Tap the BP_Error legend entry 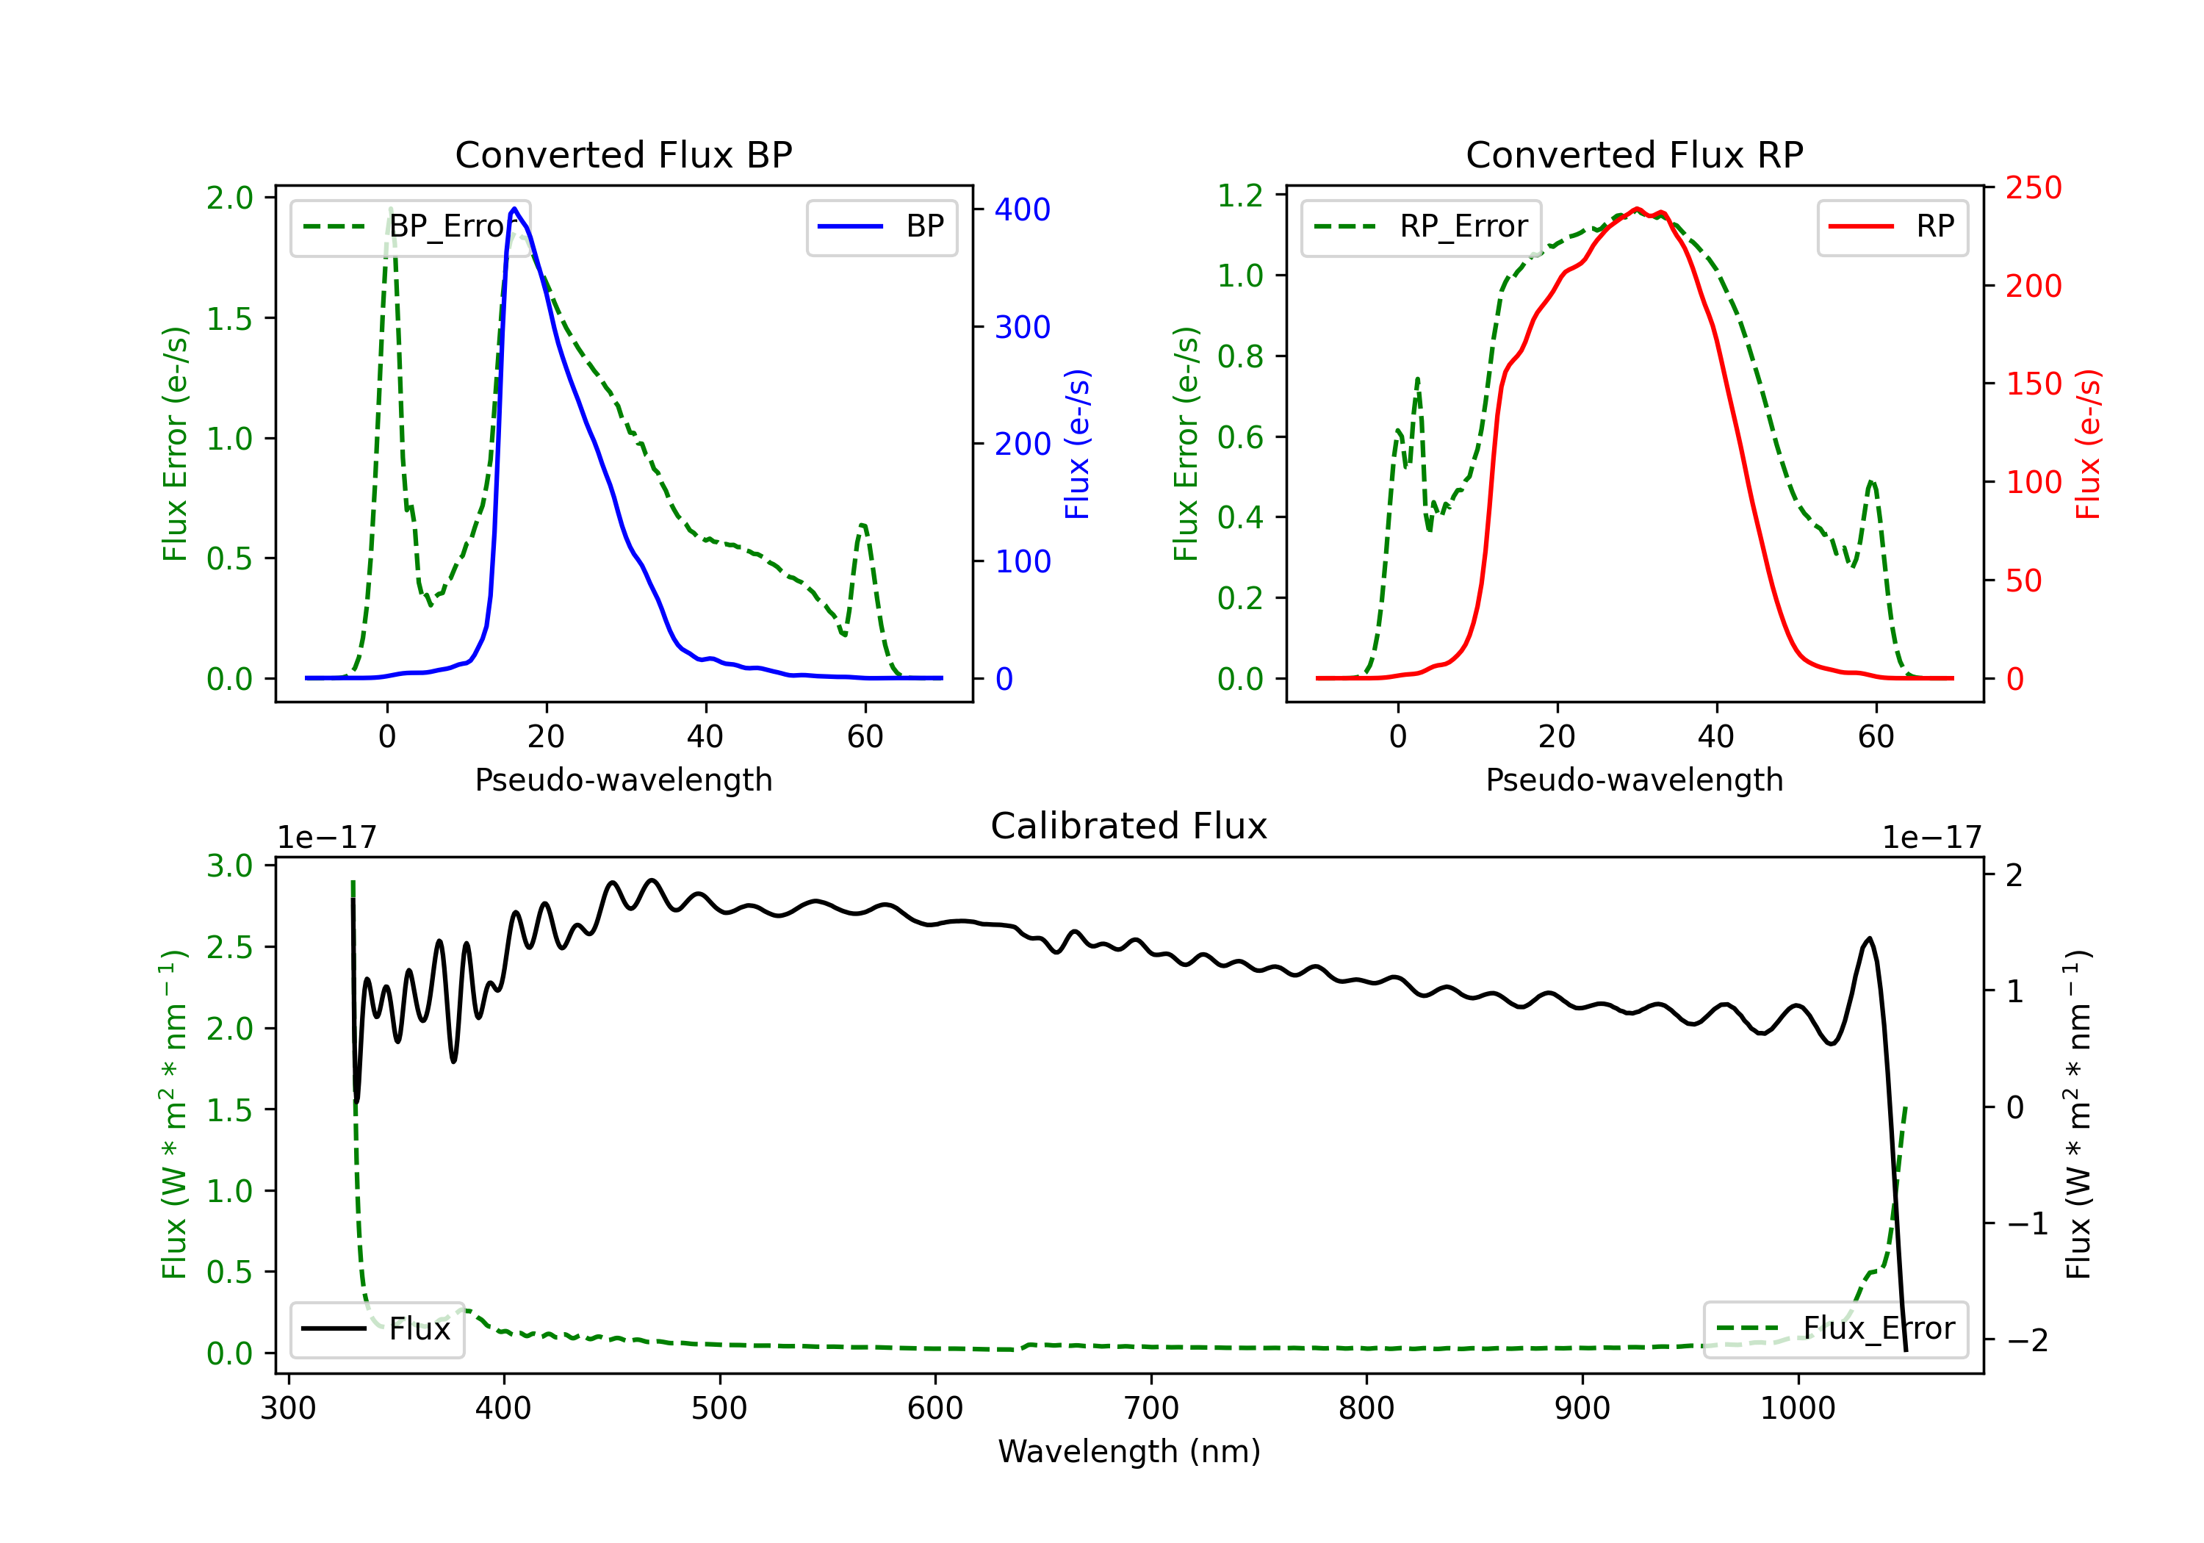click(x=410, y=226)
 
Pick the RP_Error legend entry click(x=1421, y=226)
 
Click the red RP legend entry click(x=1892, y=226)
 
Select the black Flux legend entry click(x=376, y=1329)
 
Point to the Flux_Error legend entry click(x=1835, y=1329)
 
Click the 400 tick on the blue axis click(x=1023, y=210)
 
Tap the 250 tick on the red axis click(x=2033, y=188)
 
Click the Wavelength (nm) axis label click(x=1129, y=1452)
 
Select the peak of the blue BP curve click(x=514, y=209)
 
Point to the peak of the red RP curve click(x=1638, y=209)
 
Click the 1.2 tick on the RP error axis click(x=1240, y=196)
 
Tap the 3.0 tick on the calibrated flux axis click(x=229, y=866)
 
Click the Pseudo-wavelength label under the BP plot click(x=623, y=780)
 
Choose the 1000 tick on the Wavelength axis click(x=1797, y=1409)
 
